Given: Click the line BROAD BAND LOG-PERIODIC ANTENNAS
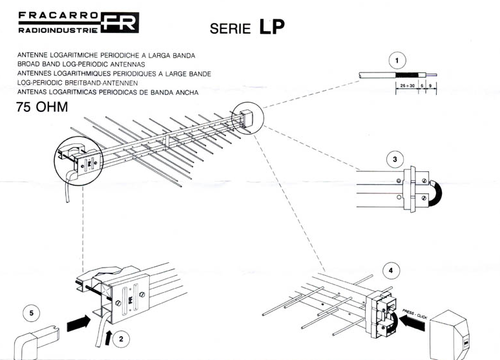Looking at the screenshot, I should click(x=89, y=62).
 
